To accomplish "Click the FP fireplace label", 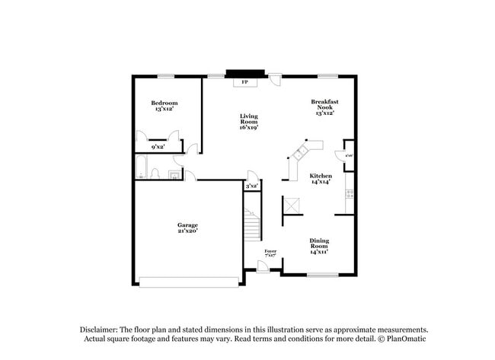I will click(245, 81).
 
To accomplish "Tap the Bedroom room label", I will click(164, 106).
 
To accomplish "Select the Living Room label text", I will click(249, 122).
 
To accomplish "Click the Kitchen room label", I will click(321, 179).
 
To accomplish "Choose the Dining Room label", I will click(319, 247).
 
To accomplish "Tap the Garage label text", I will click(187, 228).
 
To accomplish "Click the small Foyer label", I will click(270, 252).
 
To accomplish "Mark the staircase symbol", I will click(252, 224).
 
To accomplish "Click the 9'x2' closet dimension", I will click(158, 147).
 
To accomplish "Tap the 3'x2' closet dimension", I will click(251, 186).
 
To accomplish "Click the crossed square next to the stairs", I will click(292, 205).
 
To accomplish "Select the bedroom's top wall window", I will click(166, 75).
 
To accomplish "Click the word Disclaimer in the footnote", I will click(101, 330).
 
